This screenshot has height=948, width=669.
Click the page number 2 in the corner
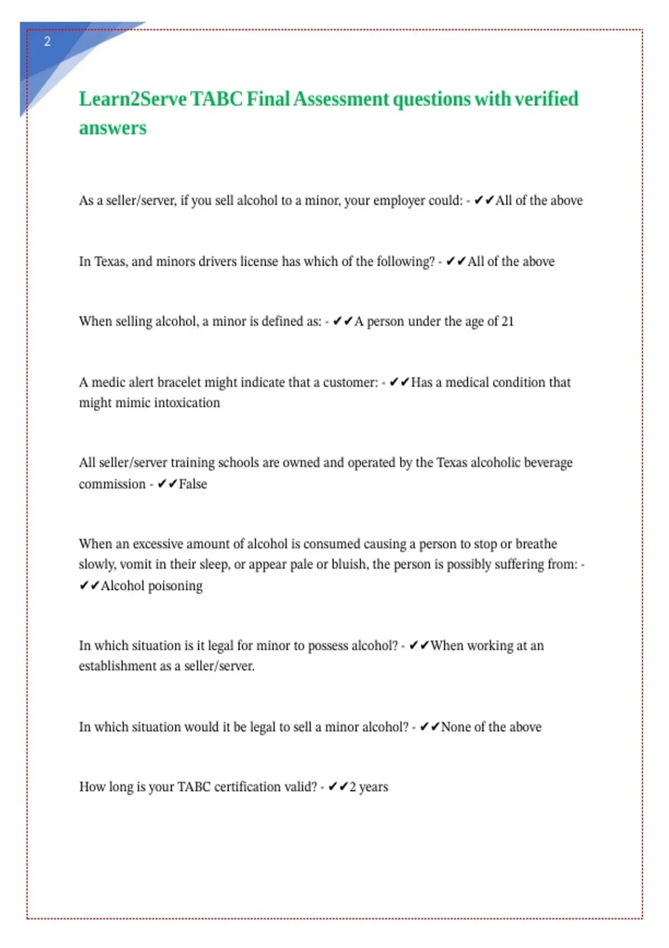pos(47,41)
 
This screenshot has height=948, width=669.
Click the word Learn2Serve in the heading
pos(133,99)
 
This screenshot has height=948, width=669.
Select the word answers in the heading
pos(113,128)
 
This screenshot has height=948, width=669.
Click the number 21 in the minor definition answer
pos(507,322)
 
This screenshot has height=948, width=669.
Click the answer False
pos(193,484)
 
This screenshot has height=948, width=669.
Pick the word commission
pos(112,484)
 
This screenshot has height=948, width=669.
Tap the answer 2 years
pos(369,787)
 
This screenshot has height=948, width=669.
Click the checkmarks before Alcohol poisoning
pos(89,586)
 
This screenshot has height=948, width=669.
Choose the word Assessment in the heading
pos(341,99)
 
